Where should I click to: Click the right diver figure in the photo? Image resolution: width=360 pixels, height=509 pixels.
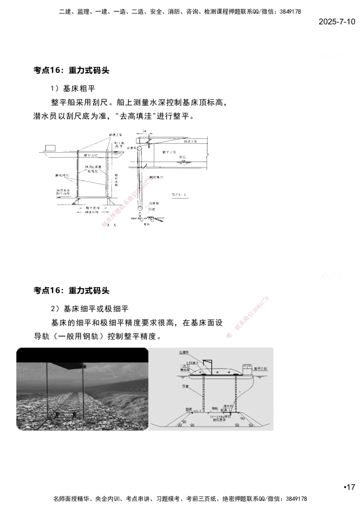point(74,414)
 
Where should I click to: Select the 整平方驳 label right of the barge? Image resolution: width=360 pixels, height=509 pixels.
point(260,368)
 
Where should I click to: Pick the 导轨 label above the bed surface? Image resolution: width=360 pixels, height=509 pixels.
point(215,409)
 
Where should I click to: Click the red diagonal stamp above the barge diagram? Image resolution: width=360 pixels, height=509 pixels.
point(247,317)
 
